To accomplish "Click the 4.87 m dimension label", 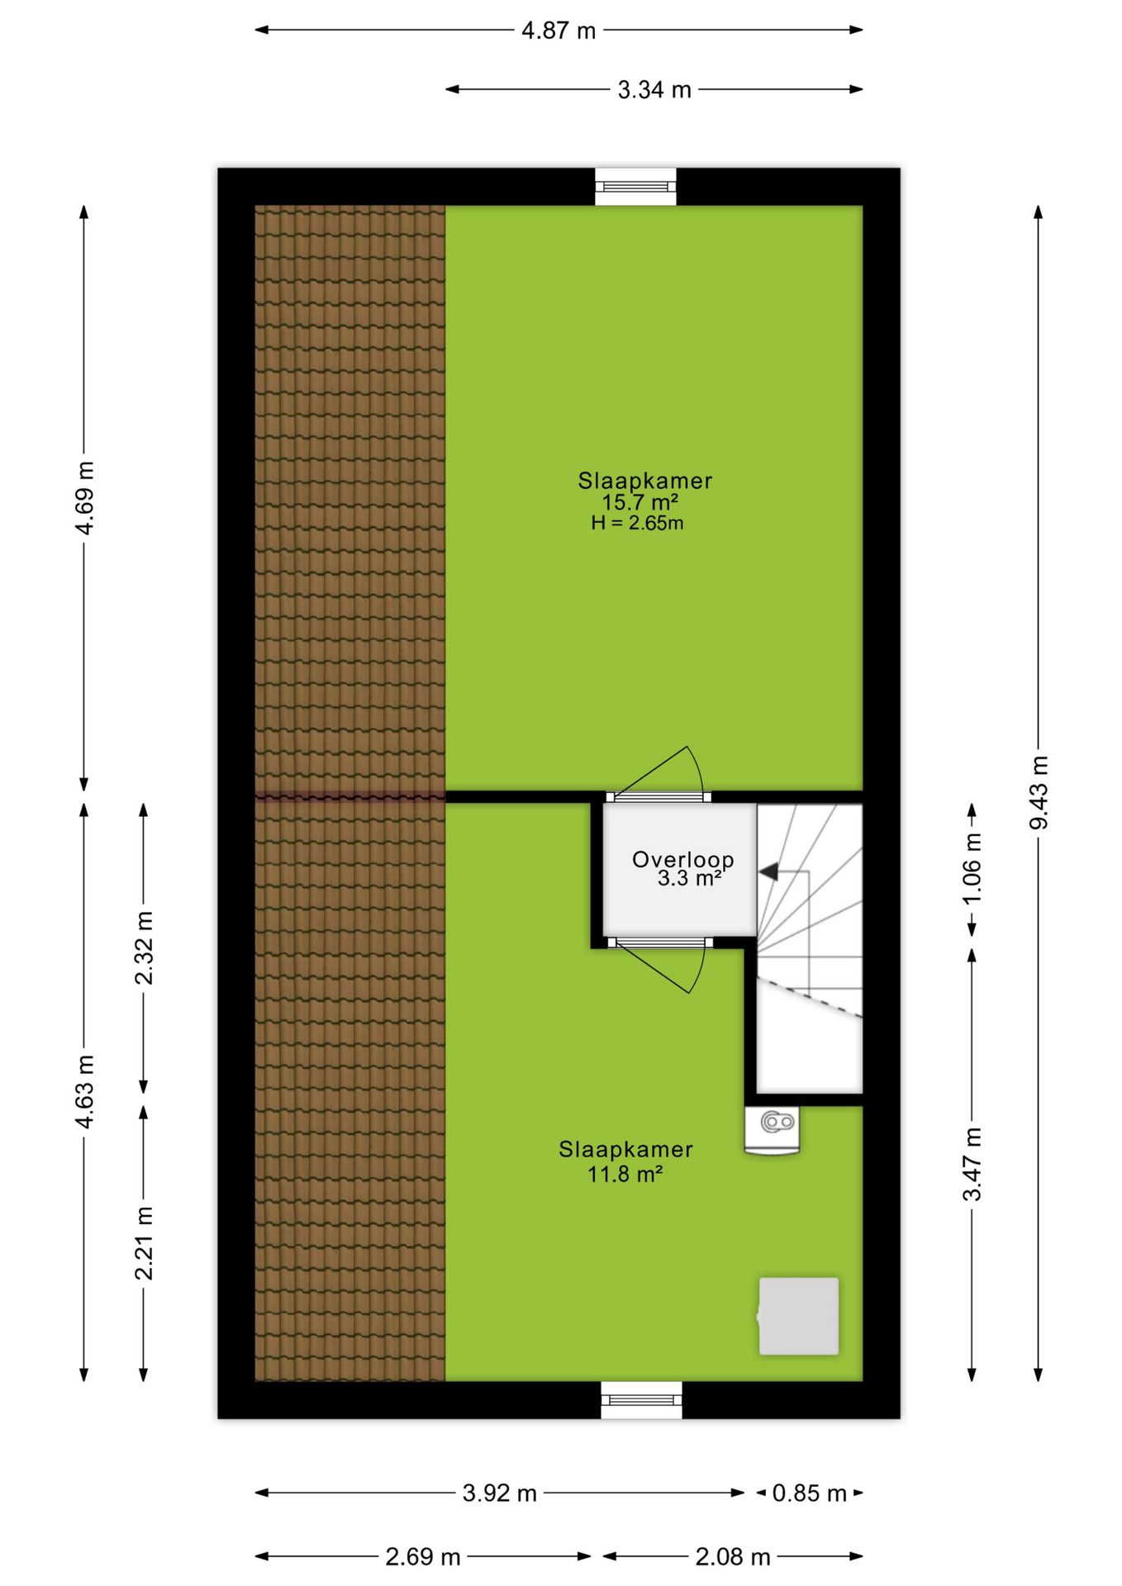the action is [559, 31].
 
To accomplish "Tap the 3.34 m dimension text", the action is [654, 90].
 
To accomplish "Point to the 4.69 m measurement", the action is [84, 498].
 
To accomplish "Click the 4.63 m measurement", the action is [84, 1091].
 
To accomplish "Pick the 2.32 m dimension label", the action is [144, 948].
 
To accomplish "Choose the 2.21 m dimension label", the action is [144, 1243].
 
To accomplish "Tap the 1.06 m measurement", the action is [972, 869].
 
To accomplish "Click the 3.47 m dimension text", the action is [972, 1164].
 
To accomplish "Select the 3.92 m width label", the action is [500, 1493].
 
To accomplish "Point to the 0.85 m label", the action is [810, 1493].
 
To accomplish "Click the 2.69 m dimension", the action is [423, 1557].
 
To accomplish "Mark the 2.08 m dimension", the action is [733, 1557].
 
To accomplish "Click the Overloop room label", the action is [683, 860].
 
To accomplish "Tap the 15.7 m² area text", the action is [640, 502].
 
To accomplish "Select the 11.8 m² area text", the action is [625, 1174].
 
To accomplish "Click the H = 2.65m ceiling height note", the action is [637, 523].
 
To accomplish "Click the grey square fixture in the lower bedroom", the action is [799, 1317].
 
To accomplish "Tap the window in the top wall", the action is [636, 187].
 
